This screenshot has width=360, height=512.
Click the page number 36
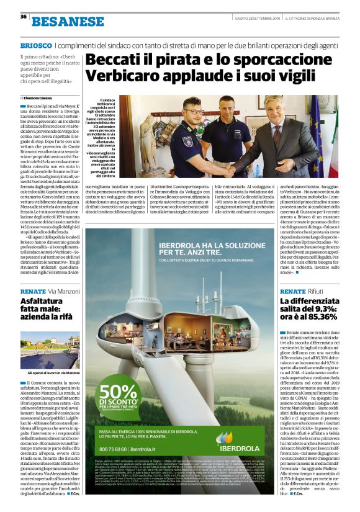click(23, 17)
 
